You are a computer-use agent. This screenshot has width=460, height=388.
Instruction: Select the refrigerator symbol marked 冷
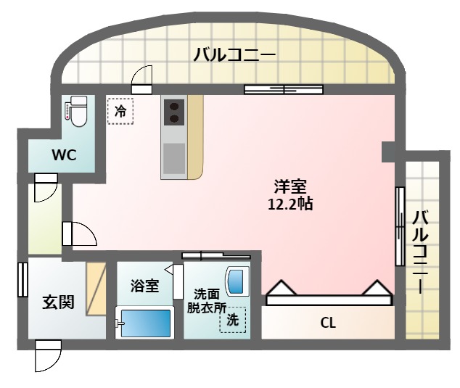(x=121, y=112)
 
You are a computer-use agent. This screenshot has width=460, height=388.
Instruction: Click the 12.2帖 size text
(x=290, y=204)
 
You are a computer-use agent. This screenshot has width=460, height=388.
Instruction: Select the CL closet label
(x=328, y=322)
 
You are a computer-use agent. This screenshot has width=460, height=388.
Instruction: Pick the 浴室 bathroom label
(x=144, y=286)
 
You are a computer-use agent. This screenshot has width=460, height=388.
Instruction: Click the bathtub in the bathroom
(x=144, y=322)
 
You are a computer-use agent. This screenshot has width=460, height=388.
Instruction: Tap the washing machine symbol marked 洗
(x=233, y=319)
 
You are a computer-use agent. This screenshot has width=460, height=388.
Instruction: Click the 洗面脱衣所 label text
(x=207, y=300)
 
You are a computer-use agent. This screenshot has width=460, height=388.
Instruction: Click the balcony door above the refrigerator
(x=142, y=79)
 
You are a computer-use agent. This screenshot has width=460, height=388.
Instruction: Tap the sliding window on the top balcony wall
(x=283, y=89)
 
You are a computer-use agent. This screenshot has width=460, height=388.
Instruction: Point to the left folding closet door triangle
(x=282, y=290)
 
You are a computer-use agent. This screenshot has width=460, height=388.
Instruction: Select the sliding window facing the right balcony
(x=399, y=226)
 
